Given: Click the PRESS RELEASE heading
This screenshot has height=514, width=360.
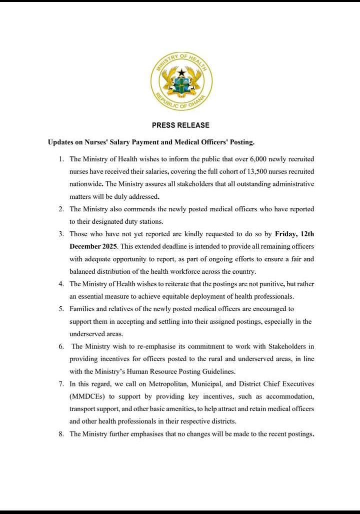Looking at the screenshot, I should coord(180,125).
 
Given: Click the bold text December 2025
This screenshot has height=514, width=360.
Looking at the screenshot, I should coord(93,246).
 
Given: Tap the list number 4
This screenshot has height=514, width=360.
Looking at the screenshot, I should coord(61,284).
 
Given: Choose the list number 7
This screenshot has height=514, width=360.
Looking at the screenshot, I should coord(61,384).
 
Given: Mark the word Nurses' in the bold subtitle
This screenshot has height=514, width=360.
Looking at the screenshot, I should coord(93,142).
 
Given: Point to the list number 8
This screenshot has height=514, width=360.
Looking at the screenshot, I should coord(61,434).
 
